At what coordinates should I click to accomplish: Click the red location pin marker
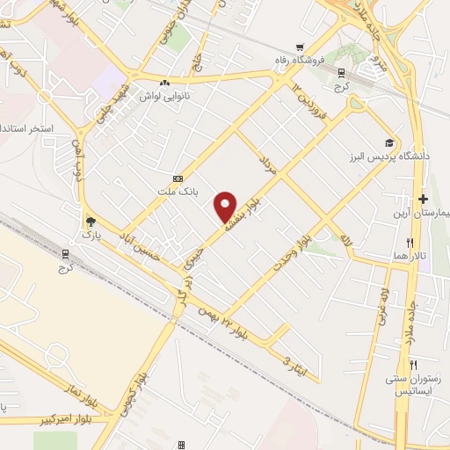tap(226, 207)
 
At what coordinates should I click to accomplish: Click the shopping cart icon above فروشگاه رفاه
tap(301, 47)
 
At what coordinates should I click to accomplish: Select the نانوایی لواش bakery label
tap(164, 95)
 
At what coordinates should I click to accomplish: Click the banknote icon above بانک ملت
tap(178, 177)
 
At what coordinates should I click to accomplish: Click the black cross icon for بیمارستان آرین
tap(424, 199)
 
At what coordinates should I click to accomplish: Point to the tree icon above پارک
tap(88, 221)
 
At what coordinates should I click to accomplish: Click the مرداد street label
tap(267, 167)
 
